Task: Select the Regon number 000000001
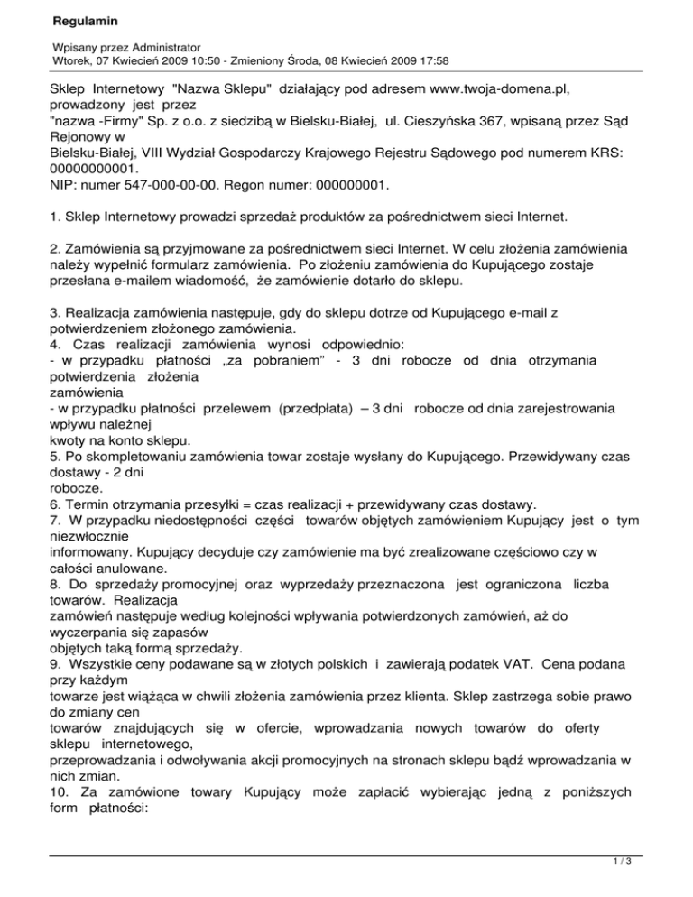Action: pos(341,186)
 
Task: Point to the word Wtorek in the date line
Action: pos(71,61)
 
